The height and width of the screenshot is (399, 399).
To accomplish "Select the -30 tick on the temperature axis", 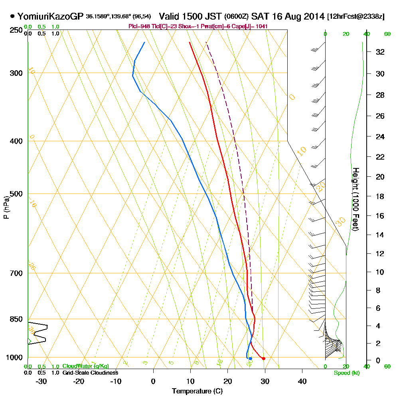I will pyautogui.click(x=41, y=381).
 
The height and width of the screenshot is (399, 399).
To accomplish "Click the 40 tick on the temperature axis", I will pyautogui.click(x=302, y=381).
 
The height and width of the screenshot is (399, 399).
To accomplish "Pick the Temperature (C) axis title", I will pyautogui.click(x=197, y=391).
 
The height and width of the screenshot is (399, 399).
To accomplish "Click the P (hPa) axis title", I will pyautogui.click(x=6, y=207).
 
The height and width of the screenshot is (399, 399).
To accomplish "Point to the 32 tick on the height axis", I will pyautogui.click(x=380, y=51).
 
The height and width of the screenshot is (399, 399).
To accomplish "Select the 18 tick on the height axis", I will pyautogui.click(x=380, y=196).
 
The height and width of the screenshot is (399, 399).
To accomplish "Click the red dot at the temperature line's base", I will pyautogui.click(x=264, y=359).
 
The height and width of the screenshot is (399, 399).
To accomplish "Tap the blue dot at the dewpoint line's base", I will pyautogui.click(x=250, y=359).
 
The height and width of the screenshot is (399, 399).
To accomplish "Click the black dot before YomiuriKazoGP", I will pyautogui.click(x=13, y=16).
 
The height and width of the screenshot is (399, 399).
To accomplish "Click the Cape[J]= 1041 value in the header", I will pyautogui.click(x=255, y=26).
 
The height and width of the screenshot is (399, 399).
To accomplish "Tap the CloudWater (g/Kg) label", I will pyautogui.click(x=85, y=366).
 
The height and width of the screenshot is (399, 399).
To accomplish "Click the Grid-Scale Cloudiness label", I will pyautogui.click(x=90, y=373).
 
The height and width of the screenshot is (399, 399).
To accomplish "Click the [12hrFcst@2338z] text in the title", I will pyautogui.click(x=356, y=17).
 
